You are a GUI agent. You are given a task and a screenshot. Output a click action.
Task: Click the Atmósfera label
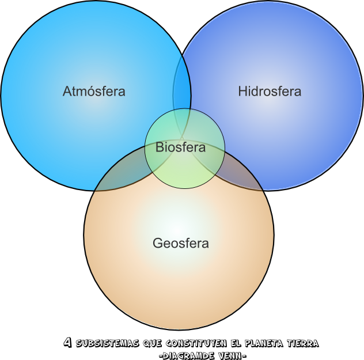pyautogui.click(x=94, y=91)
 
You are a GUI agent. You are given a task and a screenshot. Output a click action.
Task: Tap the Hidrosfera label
pyautogui.click(x=270, y=91)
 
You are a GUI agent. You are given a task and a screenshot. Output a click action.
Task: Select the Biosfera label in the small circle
pyautogui.click(x=180, y=147)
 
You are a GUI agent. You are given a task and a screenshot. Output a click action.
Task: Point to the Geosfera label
pyautogui.click(x=180, y=243)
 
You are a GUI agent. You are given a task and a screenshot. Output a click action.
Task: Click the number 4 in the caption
pyautogui.click(x=67, y=343)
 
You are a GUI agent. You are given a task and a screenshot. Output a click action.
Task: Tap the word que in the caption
pyautogui.click(x=151, y=344)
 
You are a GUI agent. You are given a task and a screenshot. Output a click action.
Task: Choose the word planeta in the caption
pyautogui.click(x=264, y=344)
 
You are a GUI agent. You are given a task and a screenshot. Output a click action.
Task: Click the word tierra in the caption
pyautogui.click(x=302, y=344)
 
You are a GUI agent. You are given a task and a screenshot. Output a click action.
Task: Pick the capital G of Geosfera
pyautogui.click(x=157, y=243)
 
